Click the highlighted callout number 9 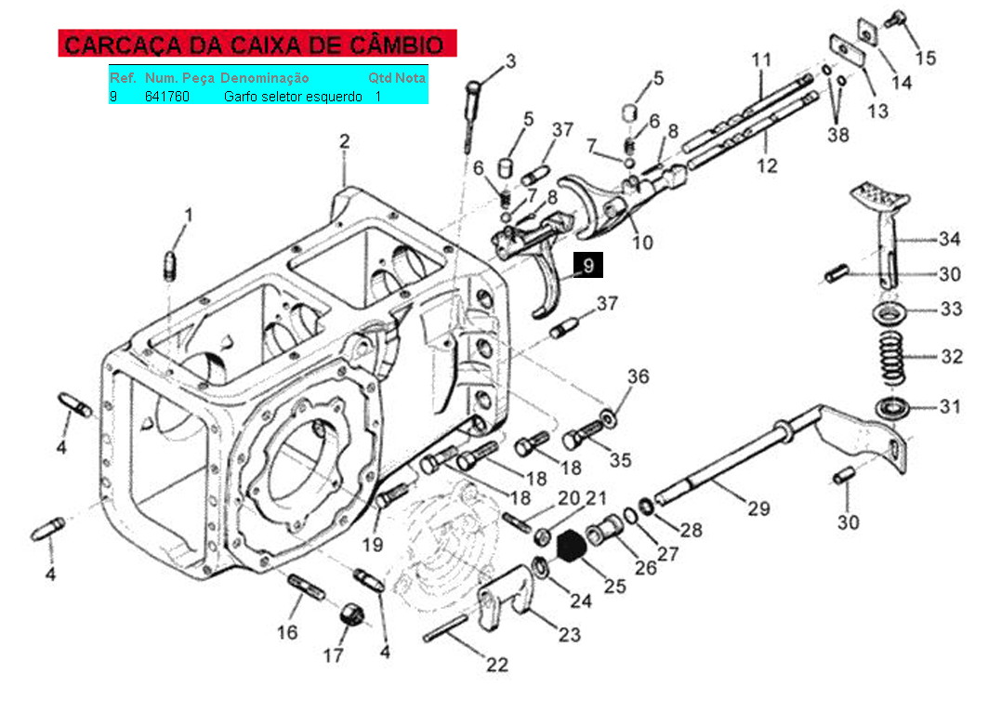587,266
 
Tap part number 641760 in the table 167,96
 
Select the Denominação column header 264,78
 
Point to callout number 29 758,508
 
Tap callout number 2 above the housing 344,142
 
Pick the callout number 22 498,665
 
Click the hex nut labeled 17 350,614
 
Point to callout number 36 638,377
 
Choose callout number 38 837,135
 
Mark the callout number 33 950,310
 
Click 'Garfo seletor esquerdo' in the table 293,96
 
